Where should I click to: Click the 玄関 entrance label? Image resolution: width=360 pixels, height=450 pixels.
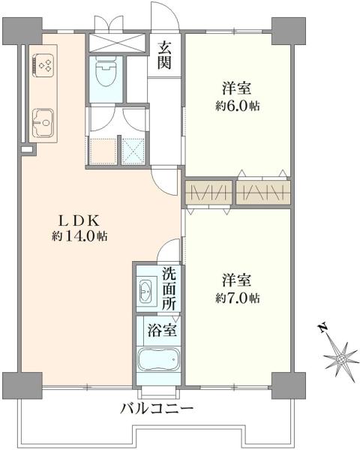165,55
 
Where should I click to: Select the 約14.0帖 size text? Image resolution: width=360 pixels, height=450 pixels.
79,236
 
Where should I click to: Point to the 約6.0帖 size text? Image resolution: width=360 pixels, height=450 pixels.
238,106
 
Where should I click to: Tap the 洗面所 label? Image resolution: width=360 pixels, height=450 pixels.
169,288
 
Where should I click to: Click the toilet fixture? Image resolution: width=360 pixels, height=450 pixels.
105,73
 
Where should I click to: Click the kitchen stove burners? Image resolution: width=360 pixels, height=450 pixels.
42,64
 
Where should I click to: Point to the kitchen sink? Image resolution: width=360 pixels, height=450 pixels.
42,119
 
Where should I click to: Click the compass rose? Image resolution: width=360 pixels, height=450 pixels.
340,358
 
